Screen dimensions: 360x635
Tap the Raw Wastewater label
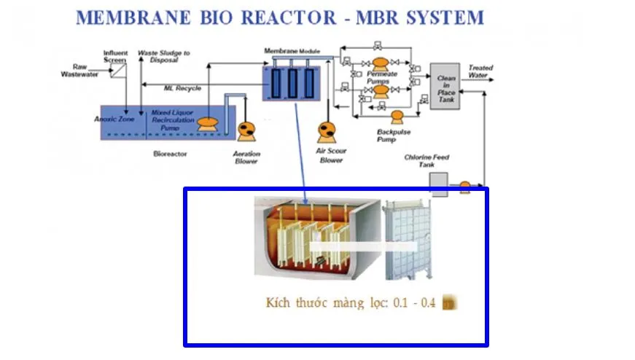pos(74,70)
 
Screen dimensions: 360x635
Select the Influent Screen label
pos(115,56)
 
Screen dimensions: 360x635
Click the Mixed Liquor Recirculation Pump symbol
pos(210,125)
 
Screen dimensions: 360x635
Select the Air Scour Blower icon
pos(327,131)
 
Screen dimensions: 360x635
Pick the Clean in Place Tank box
pos(446,86)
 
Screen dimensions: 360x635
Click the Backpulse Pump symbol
pos(398,117)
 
